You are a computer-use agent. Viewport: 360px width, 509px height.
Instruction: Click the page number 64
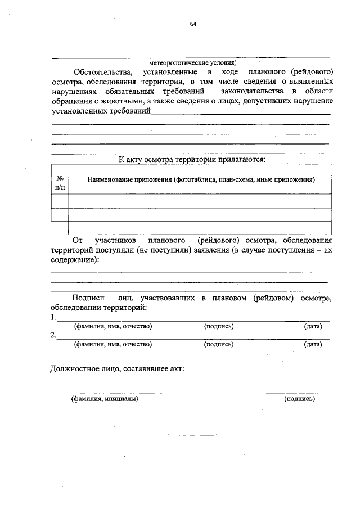(x=193, y=25)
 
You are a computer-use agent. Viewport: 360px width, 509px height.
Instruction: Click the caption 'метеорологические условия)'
(x=193, y=63)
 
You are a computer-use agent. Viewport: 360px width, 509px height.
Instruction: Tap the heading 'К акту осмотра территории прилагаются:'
(x=192, y=159)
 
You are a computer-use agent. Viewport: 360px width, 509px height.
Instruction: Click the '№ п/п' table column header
(x=60, y=180)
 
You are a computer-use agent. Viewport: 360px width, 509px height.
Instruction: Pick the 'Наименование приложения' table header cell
(x=200, y=179)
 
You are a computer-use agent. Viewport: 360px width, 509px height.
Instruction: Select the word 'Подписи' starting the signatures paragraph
(x=89, y=298)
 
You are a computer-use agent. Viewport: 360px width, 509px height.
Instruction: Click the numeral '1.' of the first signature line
(x=53, y=317)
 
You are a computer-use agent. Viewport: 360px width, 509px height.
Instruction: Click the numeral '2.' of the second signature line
(x=53, y=335)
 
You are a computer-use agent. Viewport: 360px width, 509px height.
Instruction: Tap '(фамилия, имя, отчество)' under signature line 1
(x=113, y=326)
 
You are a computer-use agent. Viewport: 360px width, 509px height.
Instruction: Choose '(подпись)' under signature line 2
(x=218, y=345)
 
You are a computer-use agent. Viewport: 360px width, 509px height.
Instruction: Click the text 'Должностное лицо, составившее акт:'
(x=117, y=369)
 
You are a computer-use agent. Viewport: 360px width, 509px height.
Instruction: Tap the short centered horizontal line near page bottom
(x=192, y=434)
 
